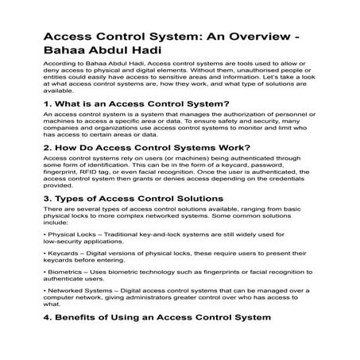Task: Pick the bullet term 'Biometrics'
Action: coord(69,303)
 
